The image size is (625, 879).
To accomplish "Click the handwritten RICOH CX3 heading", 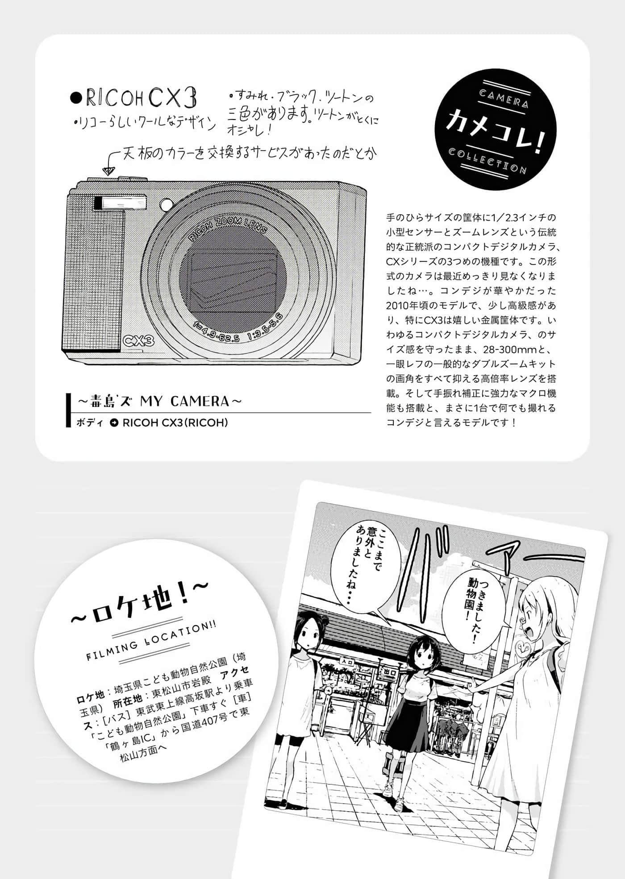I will (134, 99).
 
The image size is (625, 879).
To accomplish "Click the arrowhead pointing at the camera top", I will (107, 170).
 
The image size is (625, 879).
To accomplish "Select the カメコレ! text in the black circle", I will (496, 131).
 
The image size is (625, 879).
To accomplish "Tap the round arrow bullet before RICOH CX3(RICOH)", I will (114, 423).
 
